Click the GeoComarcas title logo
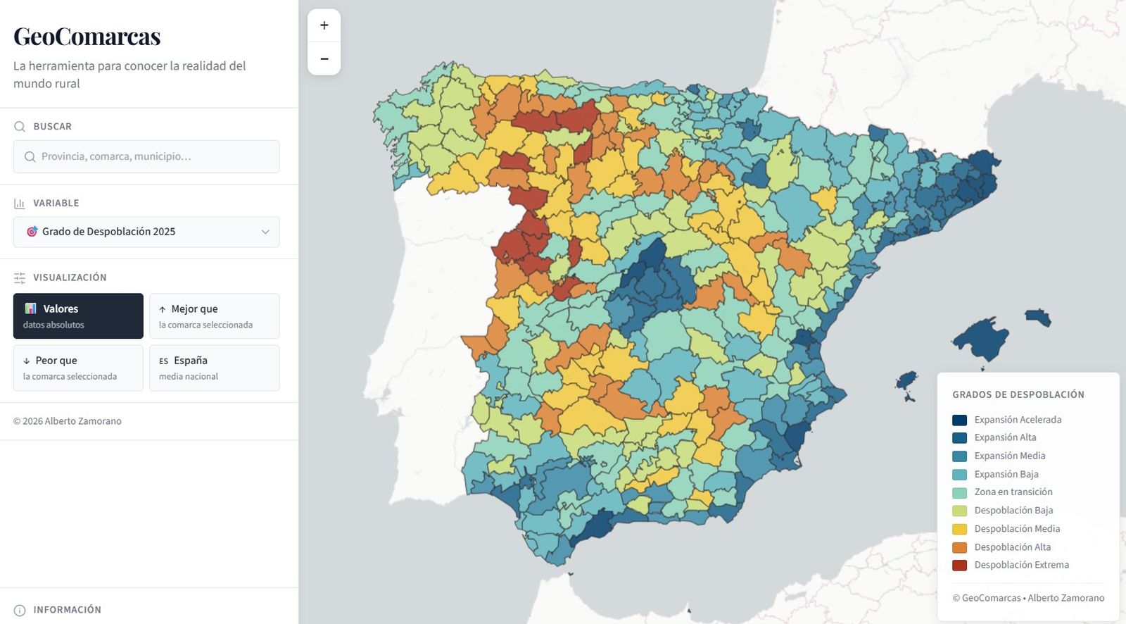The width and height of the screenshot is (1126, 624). pyautogui.click(x=87, y=37)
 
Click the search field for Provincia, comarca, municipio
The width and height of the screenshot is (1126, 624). pyautogui.click(x=146, y=156)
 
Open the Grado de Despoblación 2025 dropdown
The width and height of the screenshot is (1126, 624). pyautogui.click(x=146, y=232)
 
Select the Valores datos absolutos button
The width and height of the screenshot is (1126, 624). pyautogui.click(x=78, y=316)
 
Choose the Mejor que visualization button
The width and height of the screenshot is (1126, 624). pyautogui.click(x=214, y=316)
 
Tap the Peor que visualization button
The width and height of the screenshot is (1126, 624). pyautogui.click(x=78, y=368)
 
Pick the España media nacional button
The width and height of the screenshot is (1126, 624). pyautogui.click(x=214, y=368)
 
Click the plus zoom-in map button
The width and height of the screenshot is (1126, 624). pyautogui.click(x=324, y=25)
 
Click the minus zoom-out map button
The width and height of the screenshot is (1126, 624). pyautogui.click(x=324, y=58)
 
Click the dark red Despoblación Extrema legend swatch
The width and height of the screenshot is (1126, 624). pyautogui.click(x=959, y=565)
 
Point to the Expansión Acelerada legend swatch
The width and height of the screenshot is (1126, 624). pyautogui.click(x=959, y=420)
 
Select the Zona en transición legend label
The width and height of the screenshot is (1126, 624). pyautogui.click(x=1013, y=492)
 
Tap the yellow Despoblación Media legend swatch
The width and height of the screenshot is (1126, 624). pyautogui.click(x=959, y=529)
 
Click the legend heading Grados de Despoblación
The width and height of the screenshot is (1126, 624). pyautogui.click(x=1018, y=394)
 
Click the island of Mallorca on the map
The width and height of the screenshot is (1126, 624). pyautogui.click(x=982, y=338)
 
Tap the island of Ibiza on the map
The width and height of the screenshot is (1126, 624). pyautogui.click(x=906, y=381)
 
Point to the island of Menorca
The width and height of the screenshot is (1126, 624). pyautogui.click(x=1038, y=316)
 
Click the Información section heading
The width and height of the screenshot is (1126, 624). pyautogui.click(x=67, y=609)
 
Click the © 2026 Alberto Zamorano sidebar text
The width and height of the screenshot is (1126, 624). pyautogui.click(x=68, y=421)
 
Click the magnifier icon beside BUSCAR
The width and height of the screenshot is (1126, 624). pyautogui.click(x=20, y=127)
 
